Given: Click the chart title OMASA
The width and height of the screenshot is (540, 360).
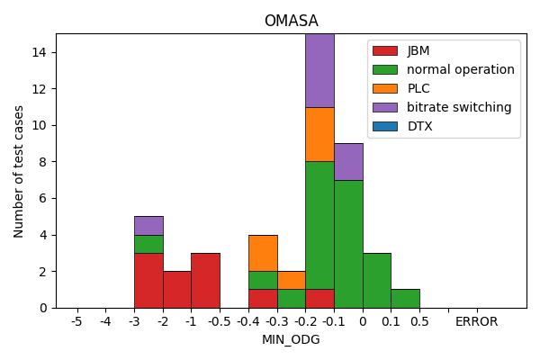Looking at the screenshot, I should [291, 21].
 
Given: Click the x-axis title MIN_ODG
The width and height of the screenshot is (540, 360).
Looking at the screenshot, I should [291, 339].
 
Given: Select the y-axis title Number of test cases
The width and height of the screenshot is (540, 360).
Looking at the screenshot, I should [19, 171].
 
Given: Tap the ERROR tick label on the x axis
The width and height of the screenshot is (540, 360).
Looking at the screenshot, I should [476, 321].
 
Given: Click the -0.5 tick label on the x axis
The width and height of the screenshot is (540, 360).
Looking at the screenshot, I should [220, 321].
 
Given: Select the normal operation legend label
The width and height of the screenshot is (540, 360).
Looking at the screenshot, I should [460, 69].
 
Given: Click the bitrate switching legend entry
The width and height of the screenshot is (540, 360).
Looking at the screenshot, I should [458, 107].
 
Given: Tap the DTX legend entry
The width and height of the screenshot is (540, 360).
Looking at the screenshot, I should [419, 126].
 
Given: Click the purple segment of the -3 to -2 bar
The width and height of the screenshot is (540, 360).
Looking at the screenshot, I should [148, 226].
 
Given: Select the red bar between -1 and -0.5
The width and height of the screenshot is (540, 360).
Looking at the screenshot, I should [205, 280].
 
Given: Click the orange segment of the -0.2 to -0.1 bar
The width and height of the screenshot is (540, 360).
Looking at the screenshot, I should [319, 134].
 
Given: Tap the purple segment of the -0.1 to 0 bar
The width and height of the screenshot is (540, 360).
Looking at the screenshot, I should [348, 162].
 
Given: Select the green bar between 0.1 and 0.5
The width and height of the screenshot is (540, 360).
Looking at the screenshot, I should [405, 298].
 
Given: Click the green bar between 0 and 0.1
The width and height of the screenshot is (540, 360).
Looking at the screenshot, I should [377, 280].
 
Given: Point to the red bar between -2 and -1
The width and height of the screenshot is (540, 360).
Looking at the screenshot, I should [177, 289].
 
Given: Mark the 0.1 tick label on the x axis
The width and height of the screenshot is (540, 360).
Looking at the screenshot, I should [391, 321].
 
